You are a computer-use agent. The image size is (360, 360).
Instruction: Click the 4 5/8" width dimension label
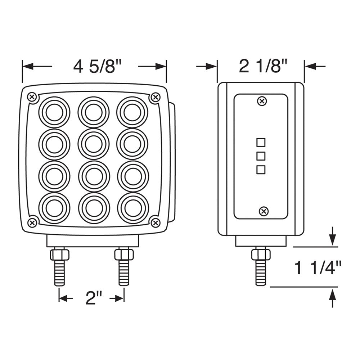95,66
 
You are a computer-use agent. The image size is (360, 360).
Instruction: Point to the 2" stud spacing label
94,298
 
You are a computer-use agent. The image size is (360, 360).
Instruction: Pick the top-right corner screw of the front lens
156,97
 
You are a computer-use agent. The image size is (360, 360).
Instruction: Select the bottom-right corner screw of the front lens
156,222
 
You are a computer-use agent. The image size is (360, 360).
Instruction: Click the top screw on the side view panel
262,101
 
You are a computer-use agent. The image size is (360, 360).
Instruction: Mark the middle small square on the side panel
261,156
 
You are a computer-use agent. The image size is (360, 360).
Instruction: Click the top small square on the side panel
261,143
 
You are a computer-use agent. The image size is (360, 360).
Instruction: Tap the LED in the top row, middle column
94,112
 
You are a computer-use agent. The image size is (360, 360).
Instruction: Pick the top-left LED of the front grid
54,112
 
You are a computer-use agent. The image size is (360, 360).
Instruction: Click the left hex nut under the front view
59,255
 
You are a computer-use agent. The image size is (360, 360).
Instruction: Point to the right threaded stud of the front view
124,273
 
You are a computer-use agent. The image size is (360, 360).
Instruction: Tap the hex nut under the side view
261,255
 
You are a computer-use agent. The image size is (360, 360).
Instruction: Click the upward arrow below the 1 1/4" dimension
333,298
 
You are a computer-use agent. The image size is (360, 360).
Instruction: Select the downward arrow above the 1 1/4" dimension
333,236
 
